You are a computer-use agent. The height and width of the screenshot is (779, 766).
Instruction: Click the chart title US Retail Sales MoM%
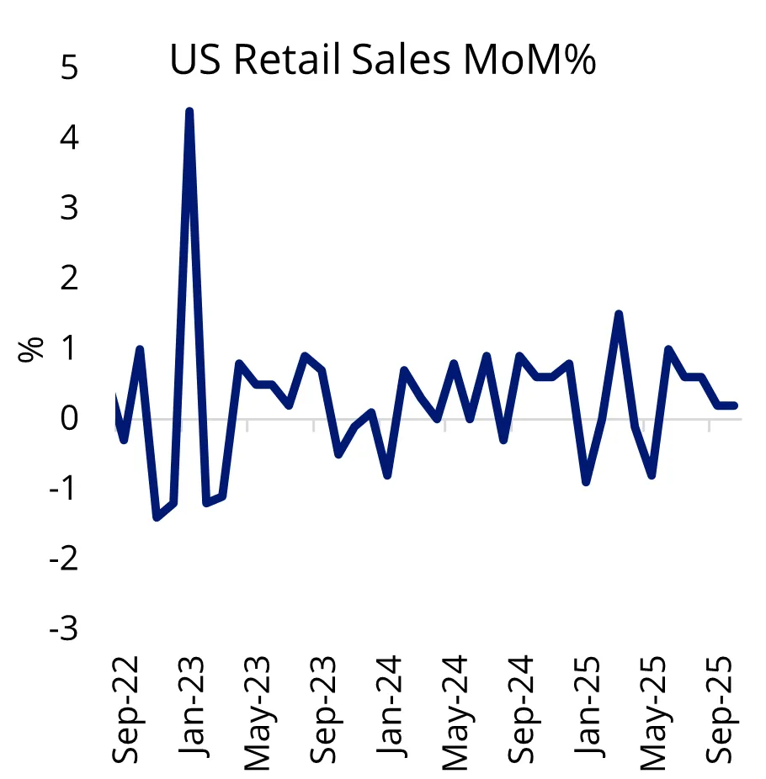(383, 61)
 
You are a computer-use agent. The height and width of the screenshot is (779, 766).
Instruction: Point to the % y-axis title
(31, 348)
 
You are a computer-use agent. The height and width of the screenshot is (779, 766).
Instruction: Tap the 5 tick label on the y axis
(69, 67)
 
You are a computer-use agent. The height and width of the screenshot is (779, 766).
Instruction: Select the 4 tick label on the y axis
(69, 137)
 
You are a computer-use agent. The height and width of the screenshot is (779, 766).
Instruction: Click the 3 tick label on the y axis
(69, 208)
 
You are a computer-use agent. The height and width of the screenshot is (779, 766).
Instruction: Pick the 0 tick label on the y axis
(69, 418)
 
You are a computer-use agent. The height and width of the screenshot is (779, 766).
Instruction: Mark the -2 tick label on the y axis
(63, 559)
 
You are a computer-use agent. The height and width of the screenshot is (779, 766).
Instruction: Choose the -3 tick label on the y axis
(63, 628)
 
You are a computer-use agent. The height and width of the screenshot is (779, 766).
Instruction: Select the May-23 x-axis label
(258, 712)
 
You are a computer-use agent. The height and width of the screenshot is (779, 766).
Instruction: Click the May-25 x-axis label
(654, 712)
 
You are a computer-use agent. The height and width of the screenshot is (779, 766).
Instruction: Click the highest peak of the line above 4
(189, 111)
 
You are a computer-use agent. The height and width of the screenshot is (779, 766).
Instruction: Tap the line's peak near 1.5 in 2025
(619, 314)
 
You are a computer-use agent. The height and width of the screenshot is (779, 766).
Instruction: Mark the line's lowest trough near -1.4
(157, 517)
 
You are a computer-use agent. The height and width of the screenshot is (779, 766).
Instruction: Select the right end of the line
(735, 405)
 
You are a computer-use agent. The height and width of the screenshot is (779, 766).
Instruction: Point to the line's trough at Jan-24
(387, 475)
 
